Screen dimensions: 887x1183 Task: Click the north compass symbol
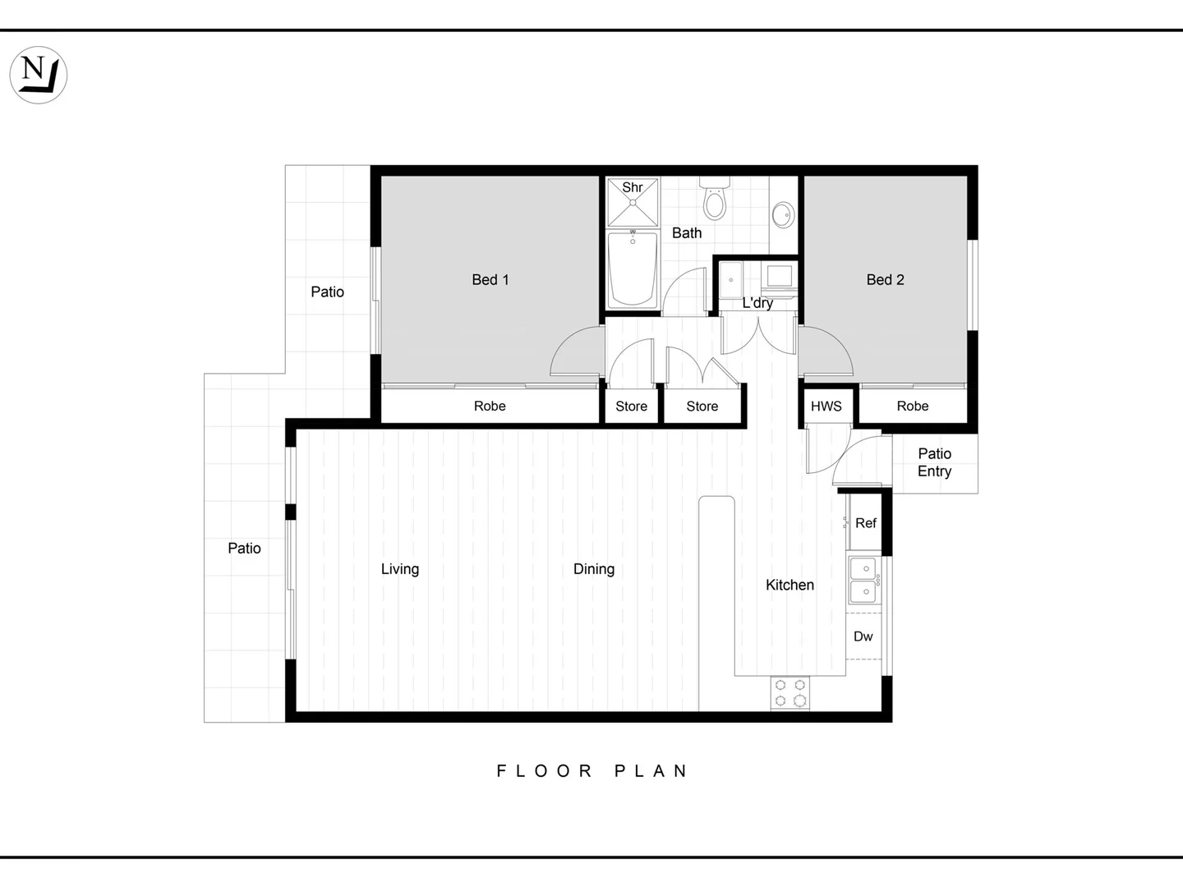(x=38, y=75)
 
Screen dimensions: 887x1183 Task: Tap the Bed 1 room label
(x=490, y=280)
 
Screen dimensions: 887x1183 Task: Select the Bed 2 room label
(x=885, y=280)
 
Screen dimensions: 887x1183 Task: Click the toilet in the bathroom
(x=715, y=200)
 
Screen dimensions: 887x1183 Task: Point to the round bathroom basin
(x=783, y=215)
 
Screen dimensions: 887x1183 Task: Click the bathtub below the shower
(x=633, y=269)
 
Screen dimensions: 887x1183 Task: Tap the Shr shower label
(x=633, y=187)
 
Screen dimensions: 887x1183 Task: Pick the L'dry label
(x=757, y=303)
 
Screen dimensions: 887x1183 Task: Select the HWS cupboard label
(x=826, y=407)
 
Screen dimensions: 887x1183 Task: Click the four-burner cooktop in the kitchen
(x=789, y=692)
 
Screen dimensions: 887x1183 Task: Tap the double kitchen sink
(x=863, y=580)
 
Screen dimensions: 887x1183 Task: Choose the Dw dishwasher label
(x=863, y=637)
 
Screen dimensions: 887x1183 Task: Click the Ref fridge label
(x=865, y=523)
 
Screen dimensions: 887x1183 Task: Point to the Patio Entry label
(x=934, y=462)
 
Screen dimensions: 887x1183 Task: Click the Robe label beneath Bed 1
(x=490, y=407)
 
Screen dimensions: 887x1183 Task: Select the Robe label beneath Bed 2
(x=912, y=407)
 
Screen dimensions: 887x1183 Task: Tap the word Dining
(x=593, y=569)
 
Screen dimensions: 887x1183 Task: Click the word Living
(x=400, y=569)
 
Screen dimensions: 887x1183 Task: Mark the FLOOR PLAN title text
(x=592, y=771)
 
